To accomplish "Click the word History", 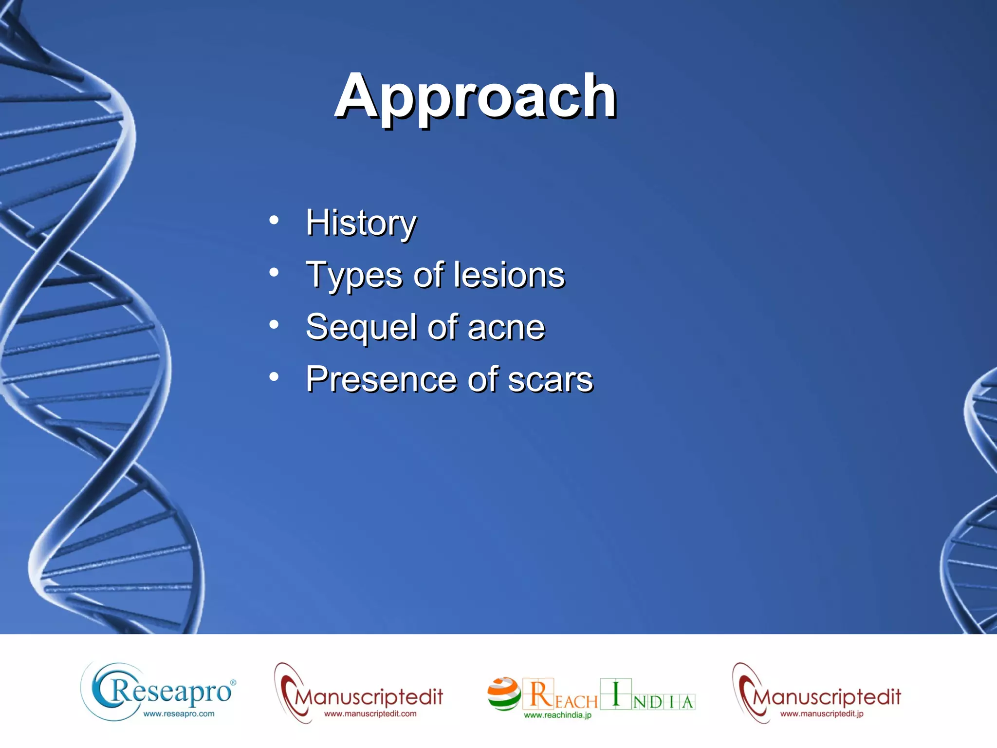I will [361, 223].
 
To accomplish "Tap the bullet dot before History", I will [274, 220].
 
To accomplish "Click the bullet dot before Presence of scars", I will [274, 376].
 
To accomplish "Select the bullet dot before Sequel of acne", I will [274, 324].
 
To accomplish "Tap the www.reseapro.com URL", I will [178, 714].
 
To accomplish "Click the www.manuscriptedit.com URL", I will [370, 714].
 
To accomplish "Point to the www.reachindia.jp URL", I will [557, 715].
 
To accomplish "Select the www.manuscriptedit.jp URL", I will [822, 714].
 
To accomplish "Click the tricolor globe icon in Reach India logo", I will [504, 694].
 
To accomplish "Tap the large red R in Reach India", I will [539, 694].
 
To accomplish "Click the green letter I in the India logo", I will [615, 693].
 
